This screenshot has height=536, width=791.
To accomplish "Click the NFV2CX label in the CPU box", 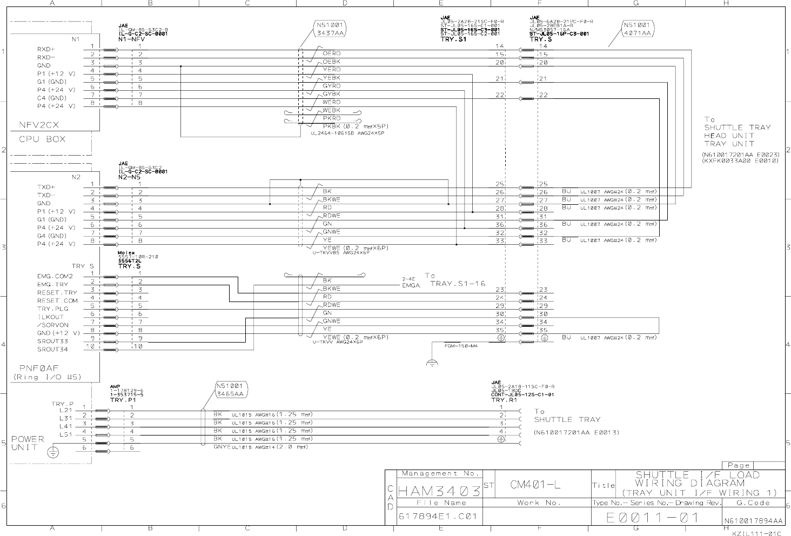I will tap(39, 125).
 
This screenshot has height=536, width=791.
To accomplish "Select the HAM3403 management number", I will tap(439, 492).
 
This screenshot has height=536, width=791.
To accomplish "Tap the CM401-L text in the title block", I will tap(535, 485).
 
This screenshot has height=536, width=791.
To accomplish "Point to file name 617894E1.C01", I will tap(438, 516).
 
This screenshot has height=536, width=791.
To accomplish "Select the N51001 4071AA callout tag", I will tap(638, 29).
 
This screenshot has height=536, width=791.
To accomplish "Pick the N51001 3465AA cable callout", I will tap(231, 390).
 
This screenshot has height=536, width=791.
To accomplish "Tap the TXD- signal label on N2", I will tap(46, 195).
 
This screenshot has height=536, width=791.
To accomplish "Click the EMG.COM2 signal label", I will tap(55, 276).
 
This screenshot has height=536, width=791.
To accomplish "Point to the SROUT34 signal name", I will tap(53, 349).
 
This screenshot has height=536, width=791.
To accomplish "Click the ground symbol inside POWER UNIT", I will tap(52, 452).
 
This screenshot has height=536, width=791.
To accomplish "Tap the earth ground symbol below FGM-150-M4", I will tap(432, 363).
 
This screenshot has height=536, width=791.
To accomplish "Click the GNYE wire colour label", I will tap(222, 447).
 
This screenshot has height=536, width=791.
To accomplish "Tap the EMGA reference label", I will tap(411, 285).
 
